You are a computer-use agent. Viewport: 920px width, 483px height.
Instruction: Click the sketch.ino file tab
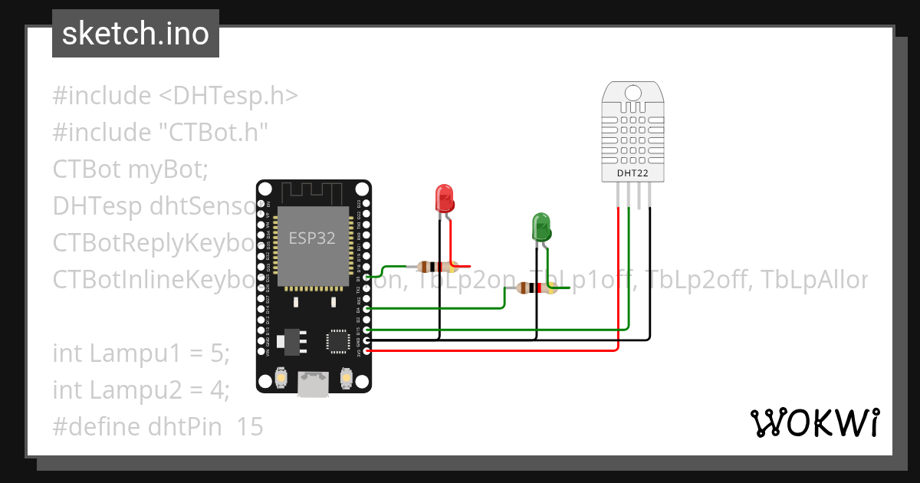[x=135, y=34]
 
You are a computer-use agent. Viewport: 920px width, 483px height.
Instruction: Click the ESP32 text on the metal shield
[x=312, y=238]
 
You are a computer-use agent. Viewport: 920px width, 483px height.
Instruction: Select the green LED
[x=542, y=227]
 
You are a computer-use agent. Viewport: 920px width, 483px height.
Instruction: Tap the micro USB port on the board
[x=313, y=383]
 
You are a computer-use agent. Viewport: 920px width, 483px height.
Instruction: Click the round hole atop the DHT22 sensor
[x=633, y=93]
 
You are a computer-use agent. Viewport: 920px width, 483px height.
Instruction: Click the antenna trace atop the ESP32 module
[x=313, y=192]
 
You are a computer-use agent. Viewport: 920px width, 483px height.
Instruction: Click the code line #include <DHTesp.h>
[x=175, y=96]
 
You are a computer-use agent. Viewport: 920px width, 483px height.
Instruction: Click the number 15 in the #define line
[x=250, y=427]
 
